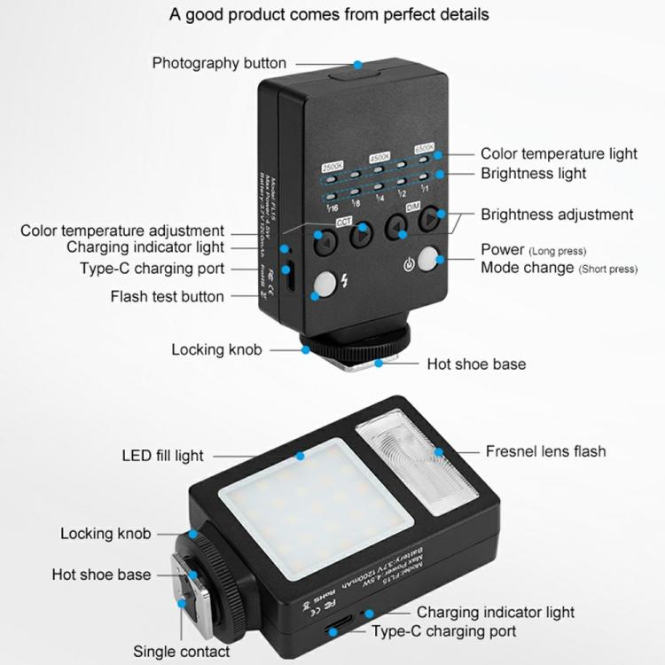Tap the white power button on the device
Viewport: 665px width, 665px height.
click(x=429, y=261)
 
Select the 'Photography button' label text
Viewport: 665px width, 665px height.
click(x=219, y=63)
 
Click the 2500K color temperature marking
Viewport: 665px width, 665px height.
click(x=331, y=167)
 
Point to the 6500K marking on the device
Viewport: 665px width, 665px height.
click(x=423, y=148)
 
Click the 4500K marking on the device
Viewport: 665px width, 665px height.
click(x=379, y=156)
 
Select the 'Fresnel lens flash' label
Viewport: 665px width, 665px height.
click(x=545, y=451)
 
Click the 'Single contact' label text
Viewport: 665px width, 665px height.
click(x=181, y=651)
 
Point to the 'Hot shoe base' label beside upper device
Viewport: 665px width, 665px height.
click(x=476, y=364)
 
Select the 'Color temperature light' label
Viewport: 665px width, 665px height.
click(x=559, y=153)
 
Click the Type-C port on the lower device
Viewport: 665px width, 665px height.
click(x=335, y=630)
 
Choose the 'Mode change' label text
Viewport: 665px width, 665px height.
click(x=527, y=268)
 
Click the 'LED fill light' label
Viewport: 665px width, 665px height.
click(x=162, y=456)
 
